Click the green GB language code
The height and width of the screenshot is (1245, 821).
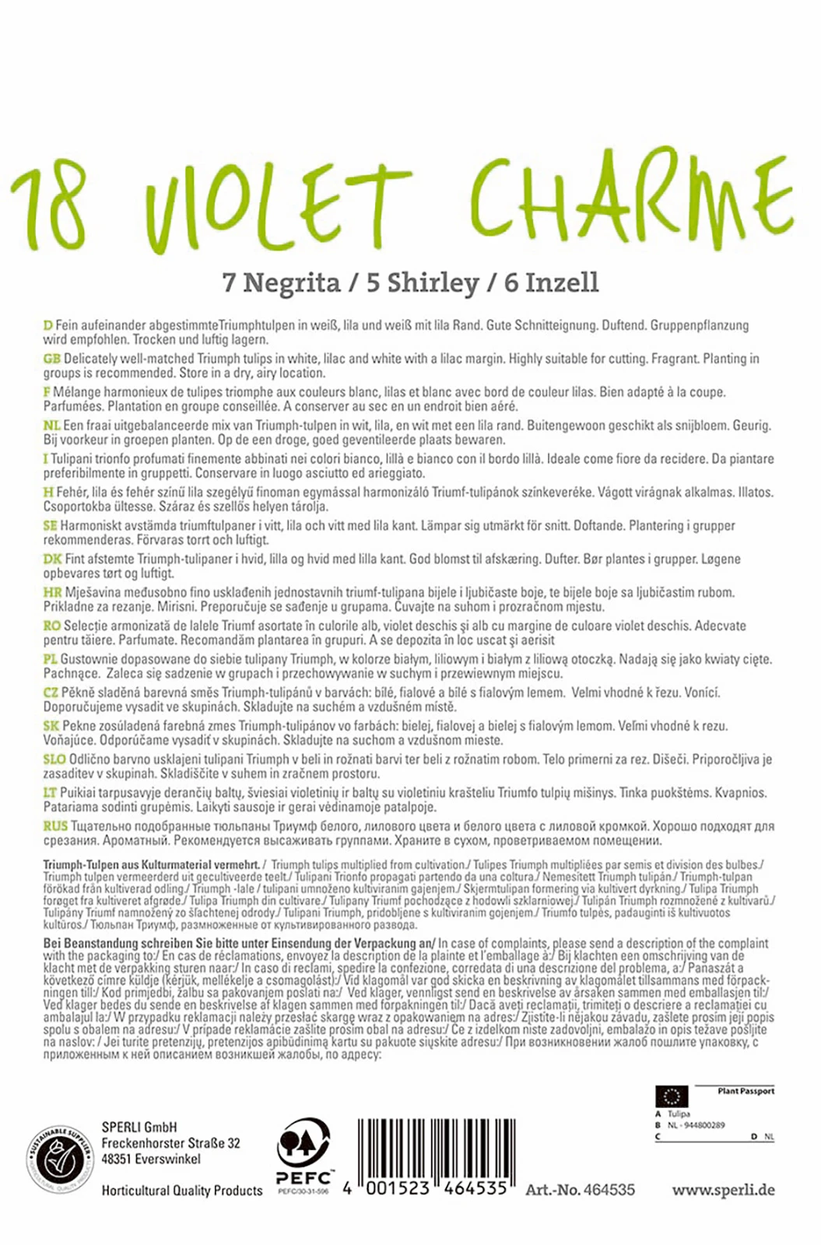point(52,359)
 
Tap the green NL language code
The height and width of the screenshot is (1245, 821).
point(51,426)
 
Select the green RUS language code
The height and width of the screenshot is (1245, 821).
point(55,826)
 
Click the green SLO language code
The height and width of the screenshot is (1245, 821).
point(55,759)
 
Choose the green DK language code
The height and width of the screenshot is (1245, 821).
point(52,559)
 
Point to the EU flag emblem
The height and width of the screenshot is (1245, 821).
point(671,1096)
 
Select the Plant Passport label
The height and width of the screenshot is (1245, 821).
point(746,1091)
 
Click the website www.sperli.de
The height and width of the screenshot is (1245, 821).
point(723,1190)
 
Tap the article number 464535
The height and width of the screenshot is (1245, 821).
point(609,1190)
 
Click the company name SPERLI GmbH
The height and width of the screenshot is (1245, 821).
point(139,1126)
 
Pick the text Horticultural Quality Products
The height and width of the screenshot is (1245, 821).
point(182,1191)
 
